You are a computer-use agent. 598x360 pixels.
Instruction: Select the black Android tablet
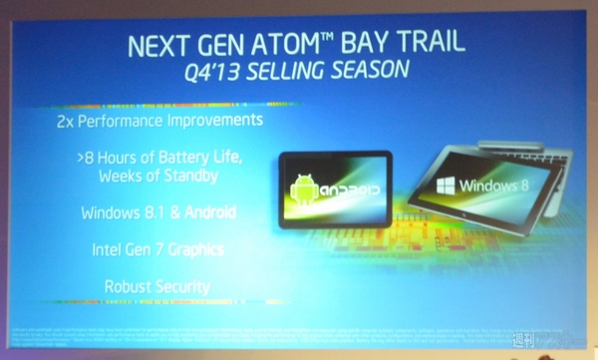click(x=334, y=189)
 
